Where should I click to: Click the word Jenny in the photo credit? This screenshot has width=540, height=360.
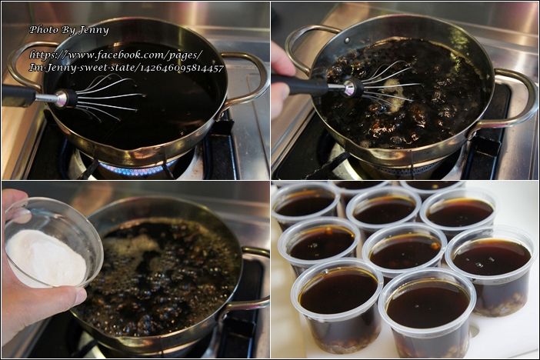(94, 30)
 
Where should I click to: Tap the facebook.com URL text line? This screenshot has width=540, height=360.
(116, 55)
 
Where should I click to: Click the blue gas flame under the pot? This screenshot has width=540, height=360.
(138, 169)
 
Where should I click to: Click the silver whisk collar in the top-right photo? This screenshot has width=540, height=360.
(349, 88)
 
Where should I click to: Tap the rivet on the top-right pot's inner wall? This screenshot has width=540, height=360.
(348, 40)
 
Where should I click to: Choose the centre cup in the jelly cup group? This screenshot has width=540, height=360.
(405, 250)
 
